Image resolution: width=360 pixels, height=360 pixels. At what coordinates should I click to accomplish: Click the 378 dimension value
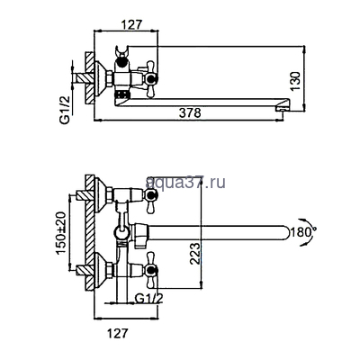click(x=190, y=113)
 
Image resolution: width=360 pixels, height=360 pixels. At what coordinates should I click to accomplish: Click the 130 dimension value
click(x=295, y=81)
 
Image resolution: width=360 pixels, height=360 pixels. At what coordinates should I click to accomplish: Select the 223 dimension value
click(x=195, y=254)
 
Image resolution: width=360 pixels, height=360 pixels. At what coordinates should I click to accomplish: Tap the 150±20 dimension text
click(x=61, y=233)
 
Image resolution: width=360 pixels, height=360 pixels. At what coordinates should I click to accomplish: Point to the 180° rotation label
click(x=302, y=232)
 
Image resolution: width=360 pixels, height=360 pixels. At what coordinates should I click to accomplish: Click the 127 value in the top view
click(x=130, y=24)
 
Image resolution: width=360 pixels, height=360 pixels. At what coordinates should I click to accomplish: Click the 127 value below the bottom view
click(x=118, y=333)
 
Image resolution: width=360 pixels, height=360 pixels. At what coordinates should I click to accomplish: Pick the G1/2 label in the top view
click(x=65, y=110)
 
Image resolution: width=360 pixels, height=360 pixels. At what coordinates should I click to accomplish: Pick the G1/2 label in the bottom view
click(x=148, y=299)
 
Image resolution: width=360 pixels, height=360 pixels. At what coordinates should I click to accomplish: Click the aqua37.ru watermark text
click(x=185, y=182)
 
